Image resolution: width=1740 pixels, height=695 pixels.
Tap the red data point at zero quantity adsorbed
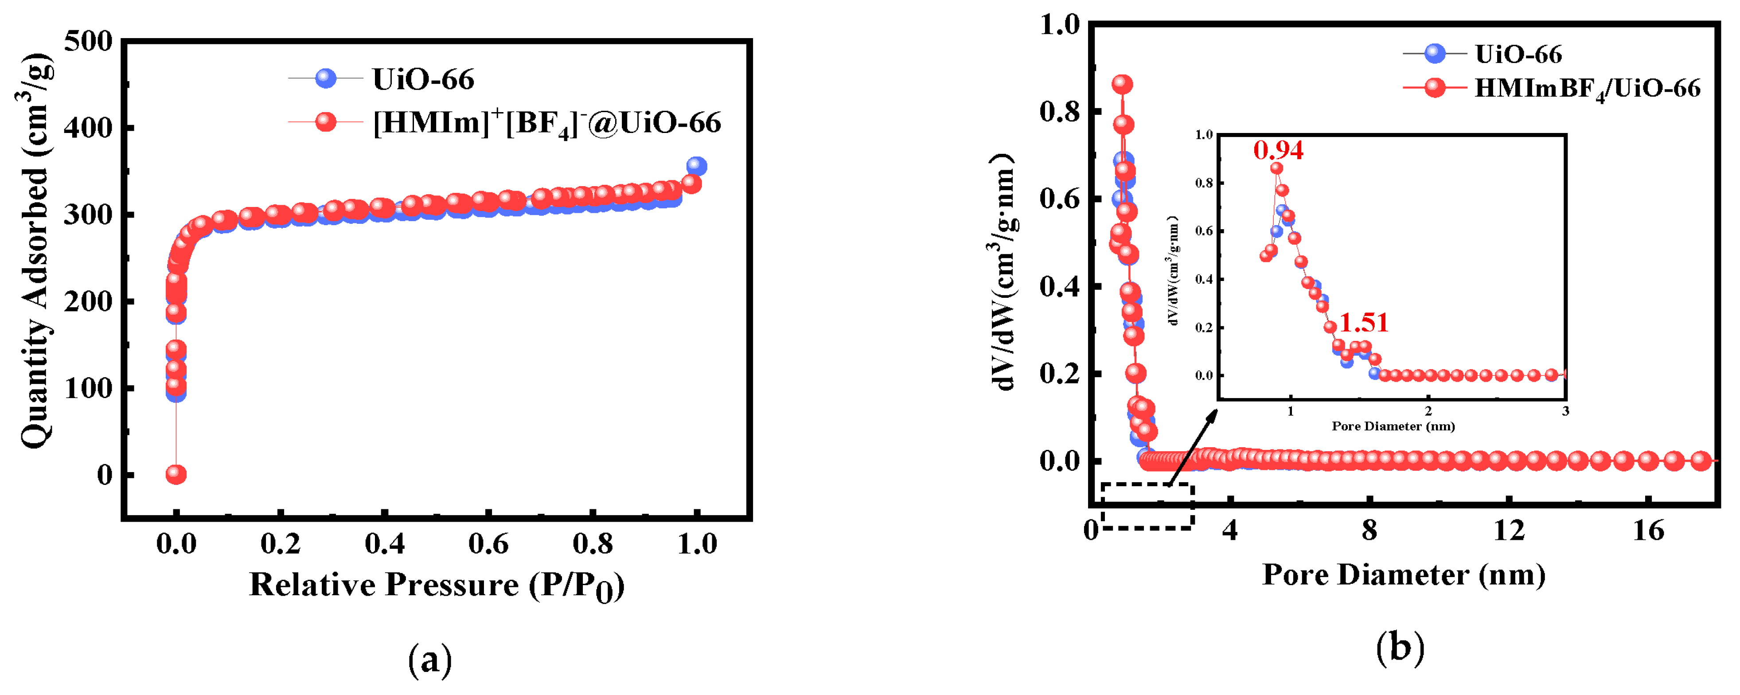[176, 475]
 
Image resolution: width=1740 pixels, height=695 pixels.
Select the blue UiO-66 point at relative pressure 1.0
[696, 166]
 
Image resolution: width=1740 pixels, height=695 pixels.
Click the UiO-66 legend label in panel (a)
[423, 80]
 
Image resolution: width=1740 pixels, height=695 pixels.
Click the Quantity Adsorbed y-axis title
[35, 250]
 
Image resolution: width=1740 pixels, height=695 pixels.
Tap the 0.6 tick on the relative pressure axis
[488, 544]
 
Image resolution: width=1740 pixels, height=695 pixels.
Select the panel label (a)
[429, 660]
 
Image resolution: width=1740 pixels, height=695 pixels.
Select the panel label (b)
[1400, 647]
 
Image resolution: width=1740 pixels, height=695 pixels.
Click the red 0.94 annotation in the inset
[1278, 150]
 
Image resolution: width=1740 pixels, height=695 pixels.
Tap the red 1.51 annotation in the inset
[1364, 323]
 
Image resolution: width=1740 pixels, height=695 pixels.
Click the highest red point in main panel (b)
[1122, 84]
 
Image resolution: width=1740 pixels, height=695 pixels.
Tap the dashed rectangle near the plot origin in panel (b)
[1147, 506]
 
